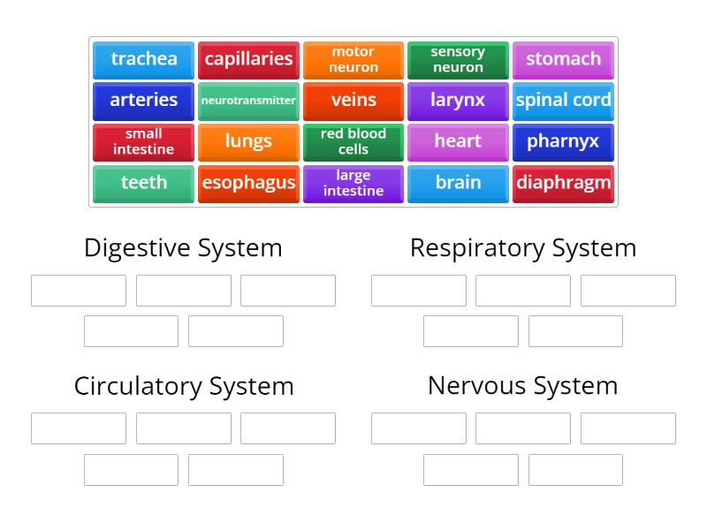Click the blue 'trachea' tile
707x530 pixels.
click(x=143, y=59)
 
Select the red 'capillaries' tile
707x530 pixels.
click(x=248, y=59)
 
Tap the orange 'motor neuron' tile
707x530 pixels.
click(x=353, y=59)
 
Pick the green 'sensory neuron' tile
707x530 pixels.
click(x=458, y=59)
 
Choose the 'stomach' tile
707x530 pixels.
click(x=563, y=59)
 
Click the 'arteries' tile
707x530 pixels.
click(x=143, y=101)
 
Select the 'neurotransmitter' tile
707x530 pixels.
click(x=248, y=101)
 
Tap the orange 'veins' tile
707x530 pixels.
click(x=353, y=101)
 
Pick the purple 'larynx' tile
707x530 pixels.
click(x=458, y=101)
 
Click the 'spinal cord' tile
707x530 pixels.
click(x=563, y=101)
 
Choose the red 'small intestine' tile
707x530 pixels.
click(x=143, y=141)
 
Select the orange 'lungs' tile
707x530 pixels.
click(x=248, y=141)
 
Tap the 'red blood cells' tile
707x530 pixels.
click(x=353, y=141)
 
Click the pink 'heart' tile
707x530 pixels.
click(x=458, y=141)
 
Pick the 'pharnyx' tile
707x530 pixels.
click(x=563, y=141)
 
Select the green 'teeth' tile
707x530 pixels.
click(x=143, y=183)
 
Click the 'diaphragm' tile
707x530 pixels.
click(x=563, y=183)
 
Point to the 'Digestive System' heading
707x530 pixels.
click(x=183, y=248)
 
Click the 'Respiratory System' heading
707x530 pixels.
click(x=523, y=248)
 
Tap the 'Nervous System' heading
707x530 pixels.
click(x=523, y=386)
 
